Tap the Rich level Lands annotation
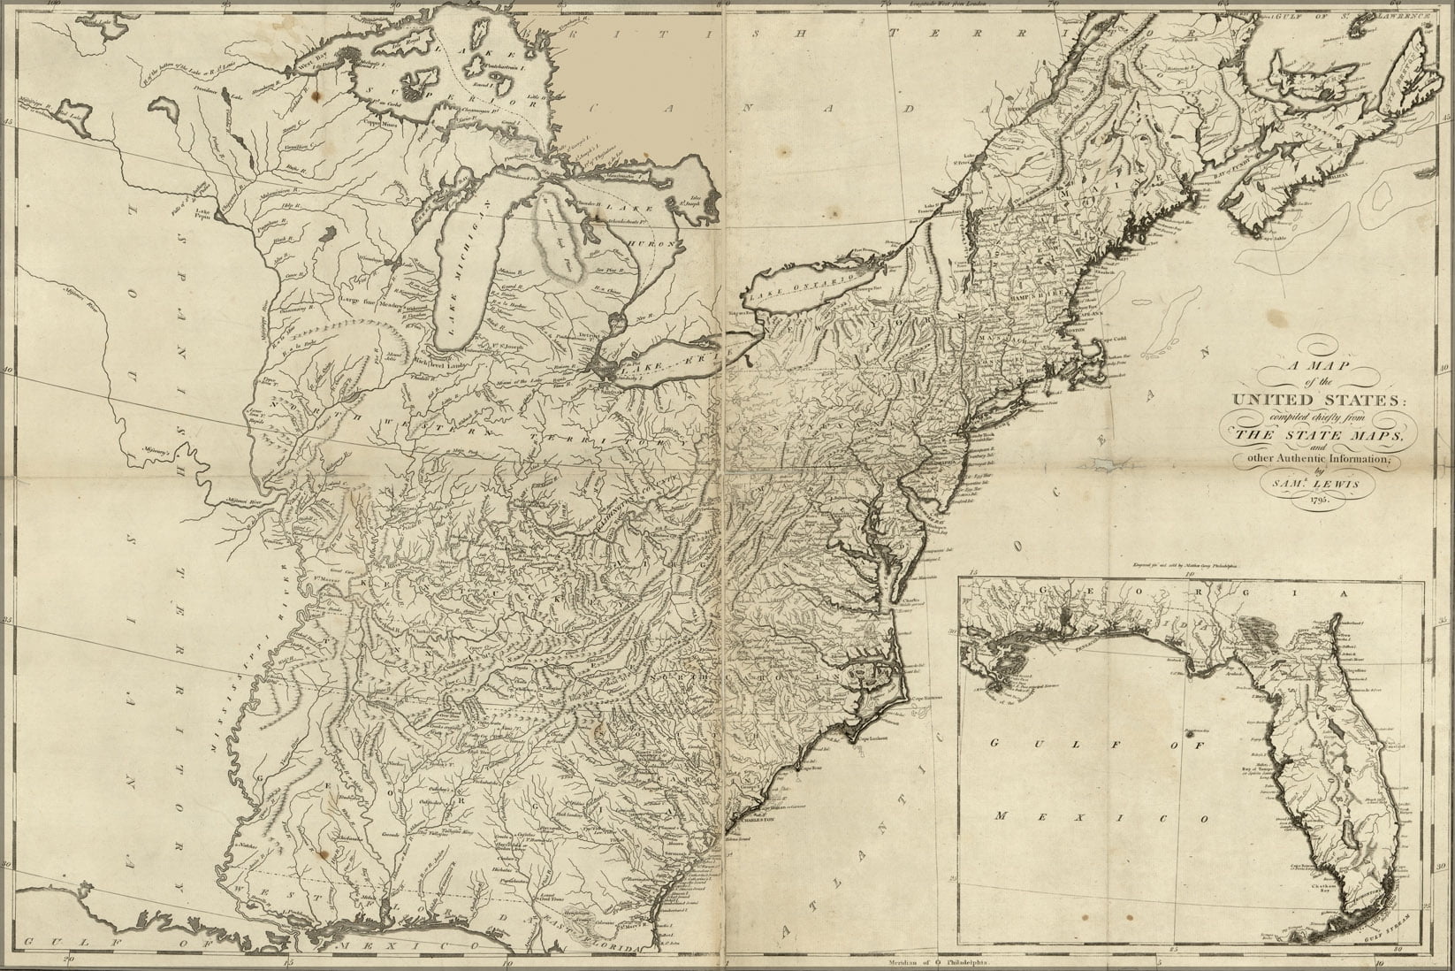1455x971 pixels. pyautogui.click(x=430, y=363)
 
